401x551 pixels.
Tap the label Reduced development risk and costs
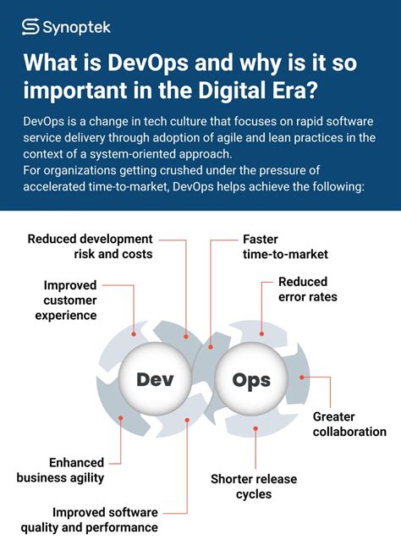(91, 246)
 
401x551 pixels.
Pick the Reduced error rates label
(307, 289)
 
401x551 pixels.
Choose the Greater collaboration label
(349, 424)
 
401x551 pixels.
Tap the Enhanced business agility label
(60, 470)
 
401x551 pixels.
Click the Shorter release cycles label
(254, 487)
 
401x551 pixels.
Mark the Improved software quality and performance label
(105, 520)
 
